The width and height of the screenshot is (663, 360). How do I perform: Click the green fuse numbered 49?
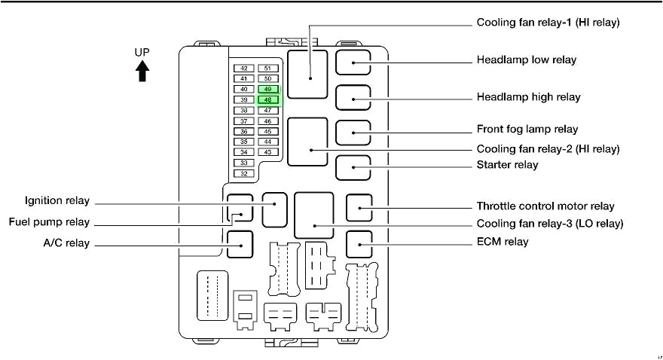point(267,89)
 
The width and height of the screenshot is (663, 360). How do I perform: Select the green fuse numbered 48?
point(267,99)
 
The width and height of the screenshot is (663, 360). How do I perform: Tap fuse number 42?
point(243,68)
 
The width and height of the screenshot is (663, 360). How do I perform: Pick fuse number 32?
point(243,173)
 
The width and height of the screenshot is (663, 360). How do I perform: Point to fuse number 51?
point(267,68)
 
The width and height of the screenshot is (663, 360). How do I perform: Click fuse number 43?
point(267,152)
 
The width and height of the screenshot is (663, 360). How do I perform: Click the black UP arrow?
point(142,71)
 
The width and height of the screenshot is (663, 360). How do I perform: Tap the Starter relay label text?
point(507,164)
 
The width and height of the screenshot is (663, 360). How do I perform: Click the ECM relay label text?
point(503,242)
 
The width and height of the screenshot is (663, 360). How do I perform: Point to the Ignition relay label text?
point(57,201)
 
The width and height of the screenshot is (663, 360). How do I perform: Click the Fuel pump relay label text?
point(50,222)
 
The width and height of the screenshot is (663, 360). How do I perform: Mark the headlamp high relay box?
point(353,98)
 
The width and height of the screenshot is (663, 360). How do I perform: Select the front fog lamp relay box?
point(353,132)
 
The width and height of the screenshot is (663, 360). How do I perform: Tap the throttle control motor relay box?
point(359,206)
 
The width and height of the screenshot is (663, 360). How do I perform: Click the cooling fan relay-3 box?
point(314,215)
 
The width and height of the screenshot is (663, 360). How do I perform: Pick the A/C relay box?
point(240,244)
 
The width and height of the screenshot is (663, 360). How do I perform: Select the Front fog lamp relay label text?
point(527,130)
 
